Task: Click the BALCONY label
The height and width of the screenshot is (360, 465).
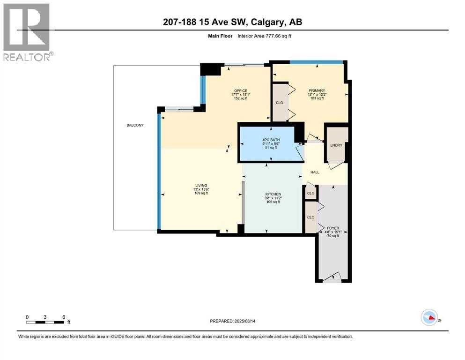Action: pos(135,125)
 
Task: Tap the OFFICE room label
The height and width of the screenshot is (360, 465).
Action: pos(241,90)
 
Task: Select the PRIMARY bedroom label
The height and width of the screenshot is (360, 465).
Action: pos(317,90)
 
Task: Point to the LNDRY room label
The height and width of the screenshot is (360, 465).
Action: pos(336,145)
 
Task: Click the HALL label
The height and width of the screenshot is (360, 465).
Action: pos(315,172)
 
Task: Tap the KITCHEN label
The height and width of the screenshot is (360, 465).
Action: pos(273,194)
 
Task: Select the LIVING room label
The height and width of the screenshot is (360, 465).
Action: pos(201,186)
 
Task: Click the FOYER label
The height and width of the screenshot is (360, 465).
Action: pos(333,228)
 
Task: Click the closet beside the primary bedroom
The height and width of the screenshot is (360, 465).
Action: pos(280,102)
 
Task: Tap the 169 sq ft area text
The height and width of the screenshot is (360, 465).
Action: pos(201,194)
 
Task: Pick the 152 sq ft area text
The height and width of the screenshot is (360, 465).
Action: pos(241,98)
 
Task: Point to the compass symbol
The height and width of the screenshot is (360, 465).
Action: pos(429,317)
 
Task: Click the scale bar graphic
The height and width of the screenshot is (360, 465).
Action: pos(45,322)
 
